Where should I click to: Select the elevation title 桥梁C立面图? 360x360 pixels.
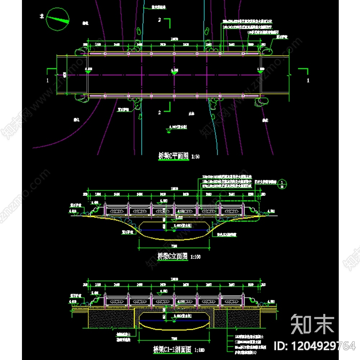173,256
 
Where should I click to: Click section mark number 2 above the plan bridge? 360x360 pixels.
160,20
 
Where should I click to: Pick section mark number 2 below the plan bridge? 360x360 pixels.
160,112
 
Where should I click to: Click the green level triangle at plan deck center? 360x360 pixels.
174,73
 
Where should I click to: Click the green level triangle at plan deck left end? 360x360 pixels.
88,73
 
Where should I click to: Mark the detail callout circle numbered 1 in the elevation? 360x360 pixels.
283,183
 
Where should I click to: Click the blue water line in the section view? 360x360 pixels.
174,320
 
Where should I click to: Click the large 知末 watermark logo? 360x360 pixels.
312,323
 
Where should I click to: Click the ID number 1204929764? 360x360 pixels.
315,346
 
